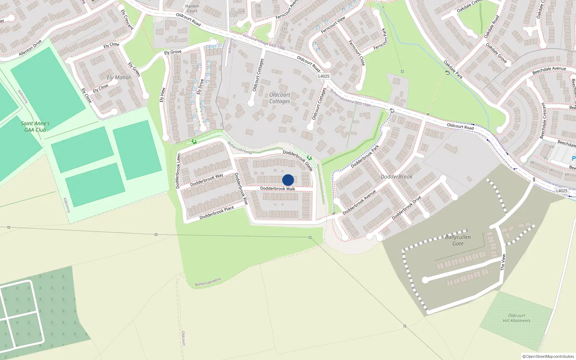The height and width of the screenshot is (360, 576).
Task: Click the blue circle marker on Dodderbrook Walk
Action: [288, 180]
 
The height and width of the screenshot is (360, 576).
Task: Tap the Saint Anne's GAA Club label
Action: [35, 127]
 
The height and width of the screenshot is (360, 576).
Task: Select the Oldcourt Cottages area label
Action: [280, 98]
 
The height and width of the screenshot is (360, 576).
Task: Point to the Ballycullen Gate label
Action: [458, 240]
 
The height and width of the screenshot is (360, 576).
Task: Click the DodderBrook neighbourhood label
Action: [396, 177]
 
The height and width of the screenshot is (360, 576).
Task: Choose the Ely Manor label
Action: [119, 77]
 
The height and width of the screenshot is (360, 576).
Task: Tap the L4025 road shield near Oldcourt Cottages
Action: [324, 76]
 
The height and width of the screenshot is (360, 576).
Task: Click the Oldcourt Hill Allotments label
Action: [517, 318]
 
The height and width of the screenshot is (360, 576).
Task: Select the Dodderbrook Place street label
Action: [217, 213]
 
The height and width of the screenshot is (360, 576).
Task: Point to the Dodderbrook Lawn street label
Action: [178, 171]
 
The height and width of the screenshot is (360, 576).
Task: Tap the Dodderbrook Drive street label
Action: [406, 208]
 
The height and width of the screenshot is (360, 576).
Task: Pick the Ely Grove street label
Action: [173, 52]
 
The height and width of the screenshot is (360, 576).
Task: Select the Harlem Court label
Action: [192, 8]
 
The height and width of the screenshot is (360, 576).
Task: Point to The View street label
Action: [503, 262]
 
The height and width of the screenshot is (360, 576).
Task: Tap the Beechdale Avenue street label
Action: [549, 71]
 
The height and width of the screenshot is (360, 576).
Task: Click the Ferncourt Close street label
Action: [356, 53]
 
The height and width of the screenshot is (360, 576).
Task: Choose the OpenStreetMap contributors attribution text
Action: [548, 356]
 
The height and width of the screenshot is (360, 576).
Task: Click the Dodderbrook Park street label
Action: [365, 157]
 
